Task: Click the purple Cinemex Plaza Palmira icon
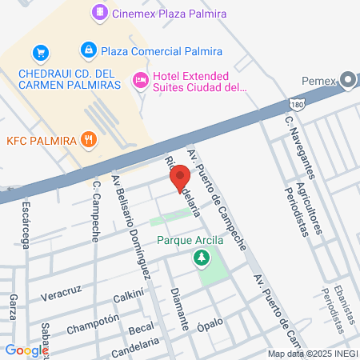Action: click(x=99, y=13)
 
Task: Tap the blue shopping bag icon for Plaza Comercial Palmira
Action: click(x=89, y=50)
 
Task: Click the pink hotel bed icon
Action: click(x=141, y=79)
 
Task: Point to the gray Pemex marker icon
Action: click(x=347, y=79)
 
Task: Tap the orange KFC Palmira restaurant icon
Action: click(x=92, y=141)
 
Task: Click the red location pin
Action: click(x=181, y=176)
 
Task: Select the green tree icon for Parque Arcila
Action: click(x=202, y=258)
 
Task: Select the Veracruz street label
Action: click(x=61, y=286)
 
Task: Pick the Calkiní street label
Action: click(x=128, y=296)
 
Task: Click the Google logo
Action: click(x=26, y=350)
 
